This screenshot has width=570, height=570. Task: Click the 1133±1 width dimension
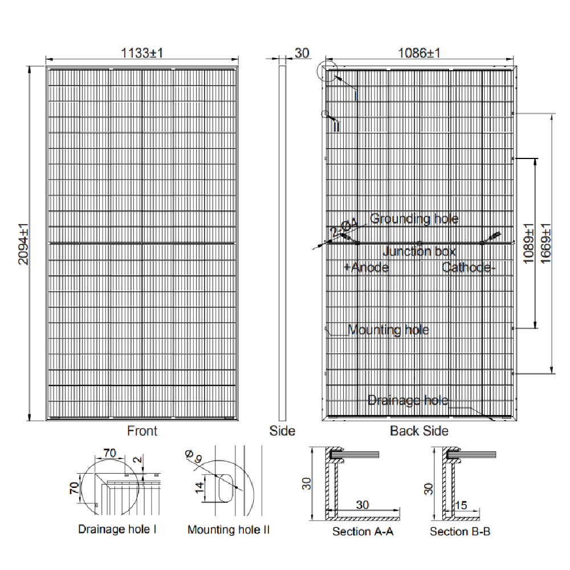click(142, 53)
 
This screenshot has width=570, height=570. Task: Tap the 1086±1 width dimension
click(419, 53)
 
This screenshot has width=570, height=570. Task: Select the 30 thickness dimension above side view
click(302, 53)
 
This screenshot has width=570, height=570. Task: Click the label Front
click(142, 431)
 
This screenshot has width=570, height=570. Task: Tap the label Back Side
click(419, 431)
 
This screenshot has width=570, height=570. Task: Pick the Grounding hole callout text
click(414, 219)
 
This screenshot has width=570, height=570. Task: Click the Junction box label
click(419, 251)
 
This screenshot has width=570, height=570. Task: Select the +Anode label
click(367, 267)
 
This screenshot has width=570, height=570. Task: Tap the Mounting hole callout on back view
click(388, 330)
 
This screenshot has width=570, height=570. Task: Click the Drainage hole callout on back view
click(408, 401)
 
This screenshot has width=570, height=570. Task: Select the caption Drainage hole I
click(117, 530)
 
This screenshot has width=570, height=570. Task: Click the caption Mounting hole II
click(229, 530)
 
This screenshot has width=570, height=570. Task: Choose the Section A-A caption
click(363, 532)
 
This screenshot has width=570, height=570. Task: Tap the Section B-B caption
click(460, 532)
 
